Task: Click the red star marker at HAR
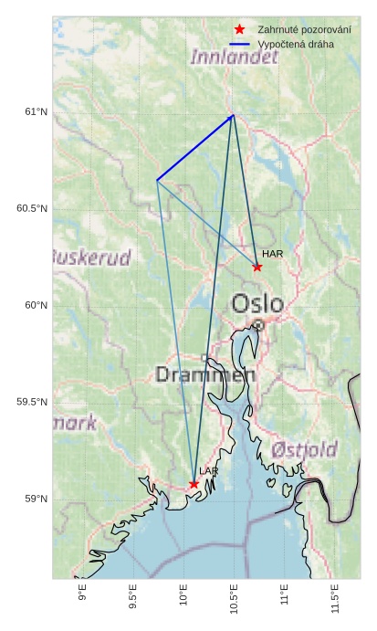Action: [257, 268]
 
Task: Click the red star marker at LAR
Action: [194, 484]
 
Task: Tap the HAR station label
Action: [271, 254]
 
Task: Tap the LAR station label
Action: [209, 471]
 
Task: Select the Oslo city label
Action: [257, 303]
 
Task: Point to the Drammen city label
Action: [205, 374]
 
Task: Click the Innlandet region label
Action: [234, 58]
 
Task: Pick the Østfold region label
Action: [304, 449]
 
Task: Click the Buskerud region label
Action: [91, 258]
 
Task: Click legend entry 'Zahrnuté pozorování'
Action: [304, 29]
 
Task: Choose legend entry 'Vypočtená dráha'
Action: [296, 44]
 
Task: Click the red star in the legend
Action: [239, 29]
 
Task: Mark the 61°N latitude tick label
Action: [37, 112]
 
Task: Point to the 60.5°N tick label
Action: [32, 209]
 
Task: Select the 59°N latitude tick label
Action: [37, 499]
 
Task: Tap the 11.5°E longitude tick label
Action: [335, 600]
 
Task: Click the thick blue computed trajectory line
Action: [195, 148]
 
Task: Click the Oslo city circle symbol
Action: [258, 325]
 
